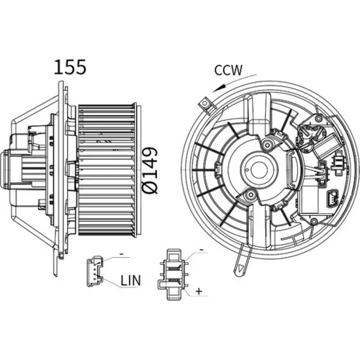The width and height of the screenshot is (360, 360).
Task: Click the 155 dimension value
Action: pyautogui.click(x=70, y=67)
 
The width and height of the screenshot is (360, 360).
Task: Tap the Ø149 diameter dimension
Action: pyautogui.click(x=150, y=170)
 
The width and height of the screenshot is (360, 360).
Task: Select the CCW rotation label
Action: pyautogui.click(x=228, y=70)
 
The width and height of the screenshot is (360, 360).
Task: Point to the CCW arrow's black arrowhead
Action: pyautogui.click(x=219, y=88)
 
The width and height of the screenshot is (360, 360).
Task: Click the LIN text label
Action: pyautogui.click(x=130, y=280)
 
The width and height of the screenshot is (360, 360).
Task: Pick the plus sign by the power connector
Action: pyautogui.click(x=199, y=291)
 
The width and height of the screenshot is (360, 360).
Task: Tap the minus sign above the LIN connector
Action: pyautogui.click(x=122, y=253)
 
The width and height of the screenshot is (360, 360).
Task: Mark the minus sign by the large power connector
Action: pyautogui.click(x=202, y=250)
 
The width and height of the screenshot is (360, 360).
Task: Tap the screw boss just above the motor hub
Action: pyautogui.click(x=268, y=145)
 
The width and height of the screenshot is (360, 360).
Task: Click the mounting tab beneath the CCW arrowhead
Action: pyautogui.click(x=207, y=104)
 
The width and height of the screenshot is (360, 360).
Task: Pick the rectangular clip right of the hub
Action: pyautogui.click(x=293, y=168)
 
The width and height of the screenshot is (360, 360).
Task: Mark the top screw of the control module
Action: pyautogui.click(x=318, y=118)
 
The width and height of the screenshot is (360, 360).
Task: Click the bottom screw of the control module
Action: pyautogui.click(x=312, y=221)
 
